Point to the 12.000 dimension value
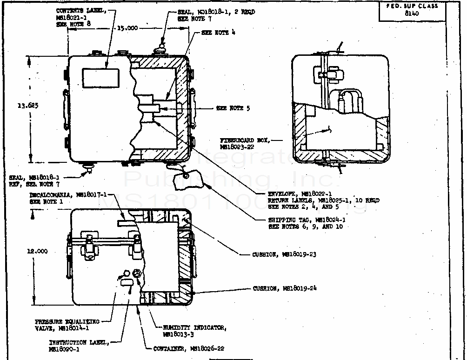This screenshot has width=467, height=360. (x=37, y=251)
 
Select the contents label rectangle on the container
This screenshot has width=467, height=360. (x=100, y=78)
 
